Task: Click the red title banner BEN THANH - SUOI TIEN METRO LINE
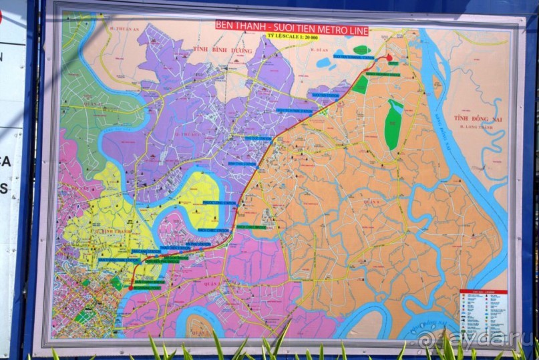[x=291, y=26]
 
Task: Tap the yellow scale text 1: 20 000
[x=293, y=37]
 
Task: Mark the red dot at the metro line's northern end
[x=389, y=58]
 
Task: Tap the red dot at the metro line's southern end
[x=130, y=287]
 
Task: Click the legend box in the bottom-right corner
[x=483, y=313]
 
